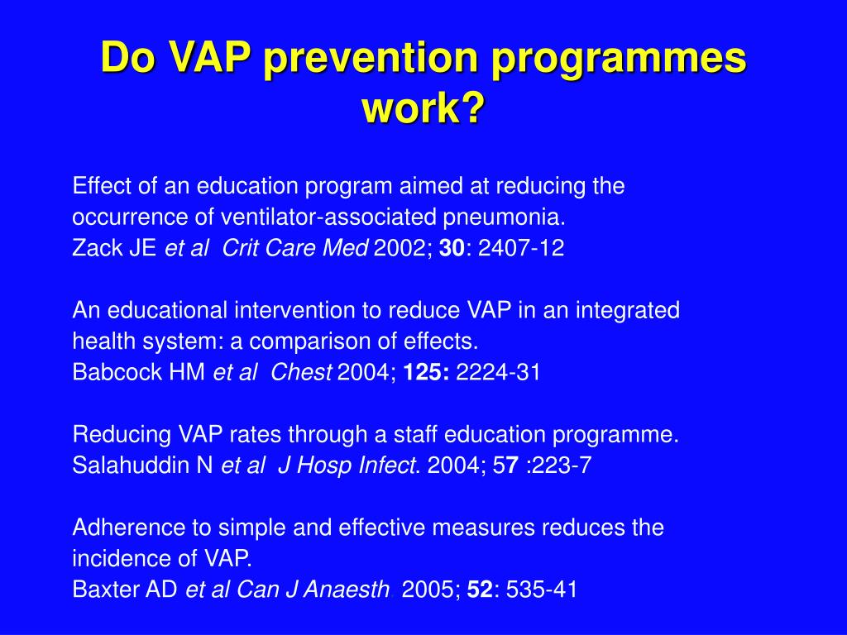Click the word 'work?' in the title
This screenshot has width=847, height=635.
(423, 107)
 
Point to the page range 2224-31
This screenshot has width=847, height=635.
(498, 373)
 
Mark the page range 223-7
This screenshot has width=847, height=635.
(562, 466)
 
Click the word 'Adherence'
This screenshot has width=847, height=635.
(122, 528)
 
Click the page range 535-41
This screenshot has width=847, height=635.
(541, 590)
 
